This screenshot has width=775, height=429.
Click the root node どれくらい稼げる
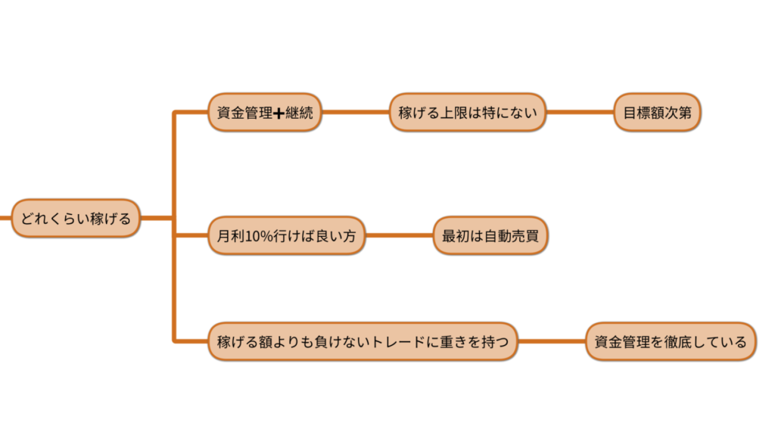click(76, 219)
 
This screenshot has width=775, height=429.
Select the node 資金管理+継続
click(264, 113)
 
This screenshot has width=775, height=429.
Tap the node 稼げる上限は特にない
click(468, 113)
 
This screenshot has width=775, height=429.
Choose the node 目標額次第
click(657, 113)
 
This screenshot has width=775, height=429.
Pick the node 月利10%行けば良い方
click(286, 236)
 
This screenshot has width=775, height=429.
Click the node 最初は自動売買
click(490, 236)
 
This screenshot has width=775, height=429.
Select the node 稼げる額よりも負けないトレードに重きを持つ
click(363, 341)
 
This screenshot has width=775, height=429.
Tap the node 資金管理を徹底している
click(671, 341)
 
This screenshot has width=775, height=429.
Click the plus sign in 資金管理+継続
click(278, 113)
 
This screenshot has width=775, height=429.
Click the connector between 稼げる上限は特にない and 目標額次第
click(580, 113)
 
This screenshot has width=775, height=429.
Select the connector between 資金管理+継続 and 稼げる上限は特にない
click(355, 113)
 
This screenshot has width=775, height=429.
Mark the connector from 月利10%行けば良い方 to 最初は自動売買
click(399, 236)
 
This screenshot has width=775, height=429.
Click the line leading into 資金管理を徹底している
click(552, 341)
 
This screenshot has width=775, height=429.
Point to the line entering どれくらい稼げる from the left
click(5, 219)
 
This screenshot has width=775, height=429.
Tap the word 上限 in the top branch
click(455, 113)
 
